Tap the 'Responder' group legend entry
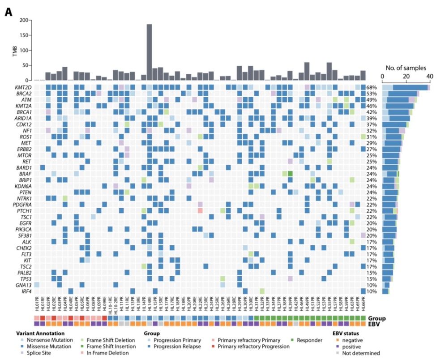(309, 340)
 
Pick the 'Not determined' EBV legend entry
(361, 352)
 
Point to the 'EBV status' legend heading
(349, 333)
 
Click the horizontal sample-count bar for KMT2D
(406, 87)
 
